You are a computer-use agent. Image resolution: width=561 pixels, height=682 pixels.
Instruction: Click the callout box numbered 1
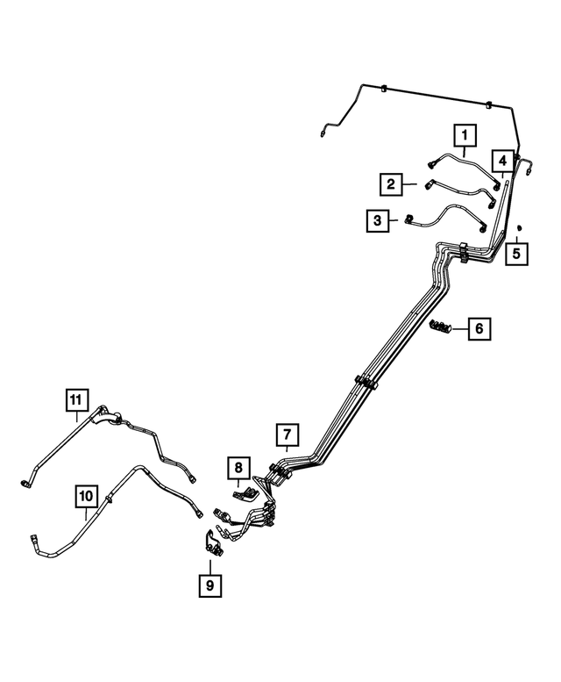(x=464, y=135)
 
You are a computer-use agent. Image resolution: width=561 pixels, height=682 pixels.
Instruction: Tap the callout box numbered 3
(x=378, y=220)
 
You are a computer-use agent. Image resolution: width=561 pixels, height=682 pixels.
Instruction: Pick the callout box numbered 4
(x=502, y=161)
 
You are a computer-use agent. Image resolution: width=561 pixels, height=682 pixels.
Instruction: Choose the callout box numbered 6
(x=479, y=329)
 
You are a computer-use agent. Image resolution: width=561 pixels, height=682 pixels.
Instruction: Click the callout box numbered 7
(x=287, y=434)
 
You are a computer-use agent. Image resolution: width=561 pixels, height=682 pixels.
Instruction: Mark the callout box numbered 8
(x=238, y=468)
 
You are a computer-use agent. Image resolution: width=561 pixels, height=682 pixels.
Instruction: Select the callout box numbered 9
(x=209, y=583)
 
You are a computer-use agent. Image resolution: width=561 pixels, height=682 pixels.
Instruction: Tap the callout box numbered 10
(x=85, y=498)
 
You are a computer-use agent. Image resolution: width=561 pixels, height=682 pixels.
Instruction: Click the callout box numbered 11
(x=77, y=400)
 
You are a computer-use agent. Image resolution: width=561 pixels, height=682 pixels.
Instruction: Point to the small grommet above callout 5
(x=520, y=229)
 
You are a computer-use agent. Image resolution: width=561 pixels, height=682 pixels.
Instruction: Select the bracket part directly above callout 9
(x=213, y=543)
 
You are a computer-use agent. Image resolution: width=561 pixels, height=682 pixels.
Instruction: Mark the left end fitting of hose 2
(x=429, y=184)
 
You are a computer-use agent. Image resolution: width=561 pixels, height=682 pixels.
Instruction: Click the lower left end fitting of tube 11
(x=24, y=482)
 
